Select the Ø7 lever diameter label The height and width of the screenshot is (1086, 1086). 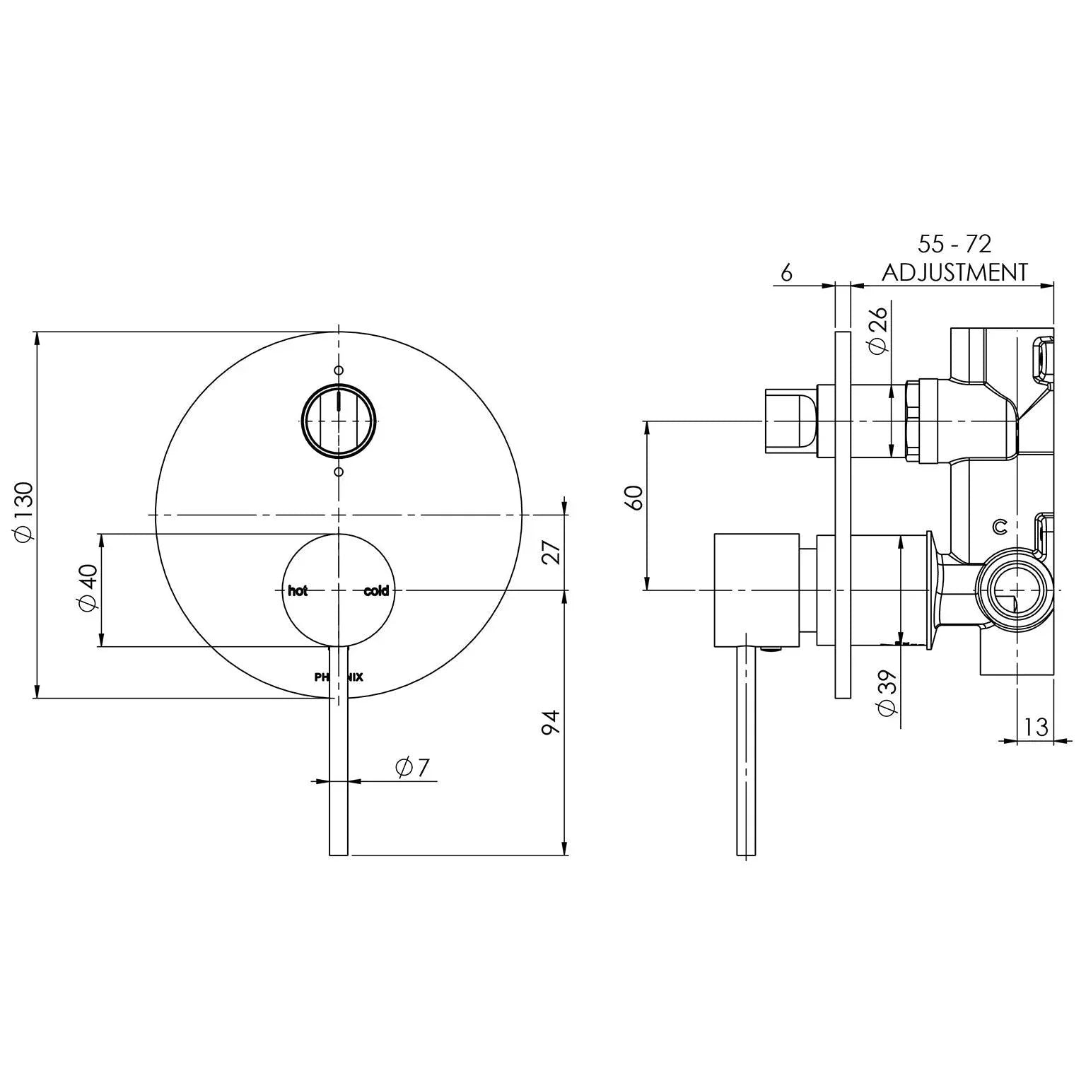(413, 767)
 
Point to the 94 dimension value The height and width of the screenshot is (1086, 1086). (550, 723)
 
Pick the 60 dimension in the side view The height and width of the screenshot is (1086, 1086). (633, 498)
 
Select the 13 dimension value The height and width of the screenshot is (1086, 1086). (1035, 728)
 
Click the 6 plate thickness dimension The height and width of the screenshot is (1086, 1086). (786, 272)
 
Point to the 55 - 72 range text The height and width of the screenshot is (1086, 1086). (954, 244)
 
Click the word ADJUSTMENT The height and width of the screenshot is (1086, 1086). (954, 272)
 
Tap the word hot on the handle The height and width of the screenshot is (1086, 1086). (298, 591)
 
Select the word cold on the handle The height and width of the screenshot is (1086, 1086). (376, 591)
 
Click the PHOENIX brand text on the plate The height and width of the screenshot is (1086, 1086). (339, 677)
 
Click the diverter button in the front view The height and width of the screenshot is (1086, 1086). (339, 421)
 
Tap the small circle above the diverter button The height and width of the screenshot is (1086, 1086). (339, 370)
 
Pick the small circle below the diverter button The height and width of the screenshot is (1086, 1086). (339, 471)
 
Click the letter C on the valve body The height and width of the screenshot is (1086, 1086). (1000, 526)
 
